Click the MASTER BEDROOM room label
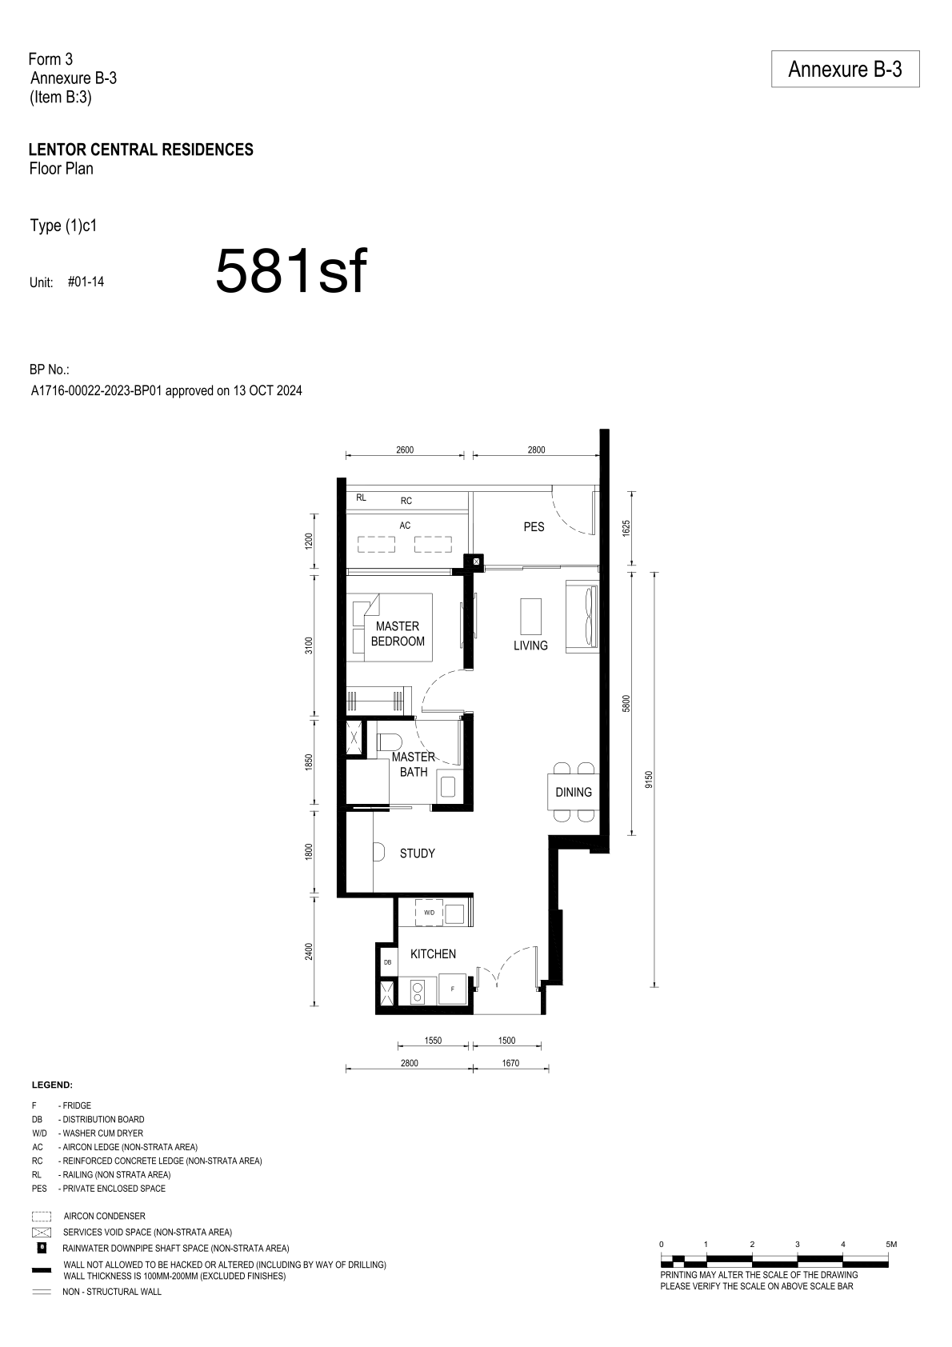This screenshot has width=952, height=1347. click(398, 634)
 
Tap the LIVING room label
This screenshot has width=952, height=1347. click(530, 646)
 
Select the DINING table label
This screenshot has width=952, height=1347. click(573, 792)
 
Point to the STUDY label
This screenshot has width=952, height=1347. click(418, 853)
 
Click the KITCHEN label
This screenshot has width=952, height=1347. click(433, 953)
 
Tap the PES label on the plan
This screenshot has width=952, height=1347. click(534, 527)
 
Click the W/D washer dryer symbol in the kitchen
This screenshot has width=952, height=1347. click(430, 912)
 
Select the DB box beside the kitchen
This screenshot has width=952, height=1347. click(387, 962)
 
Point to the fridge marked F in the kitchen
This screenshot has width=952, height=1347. click(453, 989)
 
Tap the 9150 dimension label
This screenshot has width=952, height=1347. click(648, 779)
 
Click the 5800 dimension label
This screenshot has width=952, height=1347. click(626, 704)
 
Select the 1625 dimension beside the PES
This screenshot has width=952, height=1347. click(626, 529)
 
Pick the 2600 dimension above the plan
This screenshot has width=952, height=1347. click(405, 450)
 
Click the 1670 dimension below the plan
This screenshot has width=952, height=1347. click(510, 1063)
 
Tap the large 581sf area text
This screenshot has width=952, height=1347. click(291, 272)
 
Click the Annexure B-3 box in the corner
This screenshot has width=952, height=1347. click(845, 69)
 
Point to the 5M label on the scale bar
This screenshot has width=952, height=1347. click(891, 1244)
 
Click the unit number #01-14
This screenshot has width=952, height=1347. click(86, 282)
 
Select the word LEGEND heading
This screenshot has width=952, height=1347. click(52, 1085)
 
